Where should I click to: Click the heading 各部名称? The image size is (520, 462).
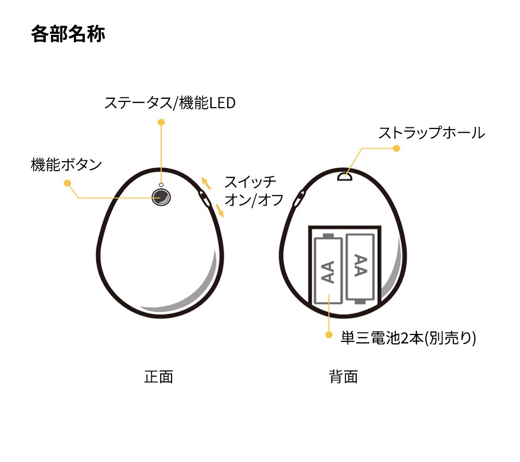click(x=68, y=34)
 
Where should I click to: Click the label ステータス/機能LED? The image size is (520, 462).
click(x=170, y=102)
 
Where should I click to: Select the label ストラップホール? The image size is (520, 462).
click(x=431, y=133)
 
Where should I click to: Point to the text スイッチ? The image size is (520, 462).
click(x=250, y=182)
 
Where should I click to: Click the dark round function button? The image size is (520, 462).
click(x=161, y=198)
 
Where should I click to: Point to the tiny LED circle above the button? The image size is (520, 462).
click(x=161, y=185)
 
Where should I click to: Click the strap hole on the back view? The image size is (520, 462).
click(x=345, y=176)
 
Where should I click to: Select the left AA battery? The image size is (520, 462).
click(x=328, y=269)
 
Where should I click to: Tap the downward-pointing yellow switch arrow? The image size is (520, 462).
click(x=219, y=210)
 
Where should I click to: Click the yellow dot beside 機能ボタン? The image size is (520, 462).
click(x=67, y=183)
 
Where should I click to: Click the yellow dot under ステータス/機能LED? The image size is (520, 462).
click(x=161, y=122)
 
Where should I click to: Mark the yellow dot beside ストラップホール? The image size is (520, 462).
click(x=396, y=148)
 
